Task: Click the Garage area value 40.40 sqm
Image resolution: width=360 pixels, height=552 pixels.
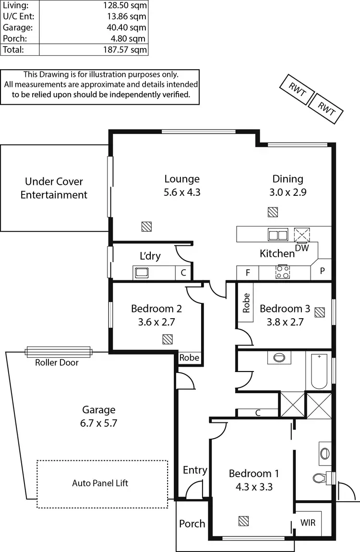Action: tap(126, 27)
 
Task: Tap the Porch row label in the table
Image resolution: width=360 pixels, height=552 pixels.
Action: tap(14, 38)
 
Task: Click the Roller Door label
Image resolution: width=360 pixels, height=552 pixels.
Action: tap(57, 362)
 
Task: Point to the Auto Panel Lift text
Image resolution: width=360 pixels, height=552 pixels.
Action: tap(100, 483)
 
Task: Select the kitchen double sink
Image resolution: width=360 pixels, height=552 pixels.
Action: tap(277, 235)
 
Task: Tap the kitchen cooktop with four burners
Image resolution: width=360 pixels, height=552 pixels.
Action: tap(282, 273)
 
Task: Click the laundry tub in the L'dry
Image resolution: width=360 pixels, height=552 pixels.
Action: tap(142, 273)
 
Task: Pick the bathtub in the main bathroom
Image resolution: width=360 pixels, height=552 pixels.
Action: tap(319, 371)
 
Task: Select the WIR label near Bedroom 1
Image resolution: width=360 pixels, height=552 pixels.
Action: tap(308, 522)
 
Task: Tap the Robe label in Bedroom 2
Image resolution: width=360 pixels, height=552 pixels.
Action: tap(189, 358)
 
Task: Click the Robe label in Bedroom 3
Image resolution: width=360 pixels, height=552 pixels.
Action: tap(246, 303)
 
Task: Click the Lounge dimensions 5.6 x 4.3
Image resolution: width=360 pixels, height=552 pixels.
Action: tap(182, 192)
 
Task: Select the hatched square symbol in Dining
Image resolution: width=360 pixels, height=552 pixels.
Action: tap(273, 212)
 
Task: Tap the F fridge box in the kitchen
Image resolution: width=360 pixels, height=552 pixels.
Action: tap(248, 273)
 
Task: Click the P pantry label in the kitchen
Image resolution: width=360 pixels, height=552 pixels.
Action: tap(322, 271)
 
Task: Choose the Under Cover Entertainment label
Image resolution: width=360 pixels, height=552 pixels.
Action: tap(54, 188)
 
